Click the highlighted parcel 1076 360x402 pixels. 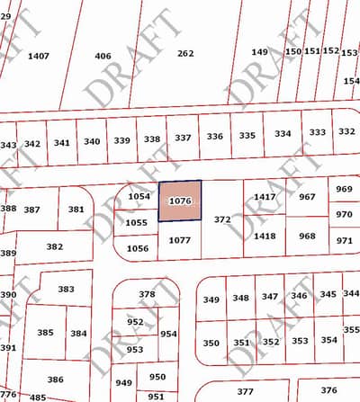pos(180,201)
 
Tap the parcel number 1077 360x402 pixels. pos(180,240)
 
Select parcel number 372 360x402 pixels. pos(222,219)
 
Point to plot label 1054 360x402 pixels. pos(139,196)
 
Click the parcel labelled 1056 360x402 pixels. pos(137,248)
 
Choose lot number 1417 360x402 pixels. pos(265,196)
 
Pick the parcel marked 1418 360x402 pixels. pos(265,236)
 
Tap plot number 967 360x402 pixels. pos(308,196)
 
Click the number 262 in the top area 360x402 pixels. pos(185,54)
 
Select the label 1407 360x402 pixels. pos(39,56)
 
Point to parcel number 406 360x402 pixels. pos(103,56)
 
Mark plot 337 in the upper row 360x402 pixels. pos(183,138)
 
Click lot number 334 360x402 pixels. pos(283,134)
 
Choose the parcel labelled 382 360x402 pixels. pos(54,246)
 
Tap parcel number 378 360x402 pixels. pos(147,294)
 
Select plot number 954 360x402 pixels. pos(168,334)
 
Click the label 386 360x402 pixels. pos(56,380)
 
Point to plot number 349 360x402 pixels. pos(211,299)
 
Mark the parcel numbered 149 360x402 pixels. pos(259,52)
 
